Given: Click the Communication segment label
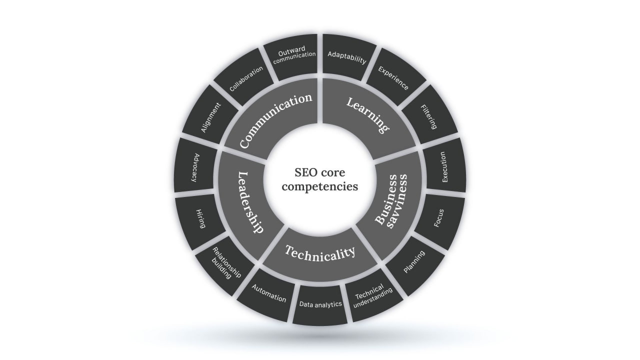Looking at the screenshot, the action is point(275,120).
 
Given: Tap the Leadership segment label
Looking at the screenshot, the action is point(250,202).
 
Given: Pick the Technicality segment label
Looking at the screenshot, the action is point(320,253).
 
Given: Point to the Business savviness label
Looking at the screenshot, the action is point(391,201).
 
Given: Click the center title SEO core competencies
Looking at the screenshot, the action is point(319,179).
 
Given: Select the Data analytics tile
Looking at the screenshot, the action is point(320,304).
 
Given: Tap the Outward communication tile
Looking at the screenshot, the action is point(293,55).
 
